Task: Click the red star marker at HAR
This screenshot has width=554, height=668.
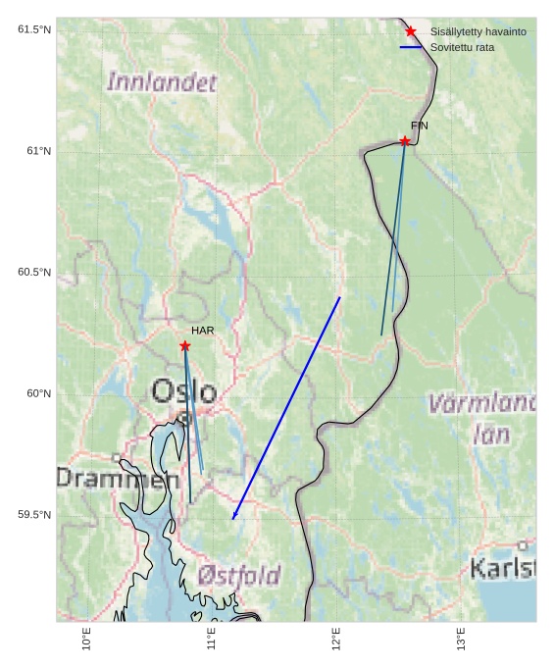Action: pos(184,345)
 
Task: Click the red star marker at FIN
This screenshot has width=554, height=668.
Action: pos(404,141)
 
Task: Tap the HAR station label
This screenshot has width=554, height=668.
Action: pos(202,331)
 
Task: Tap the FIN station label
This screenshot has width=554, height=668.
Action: pos(420,126)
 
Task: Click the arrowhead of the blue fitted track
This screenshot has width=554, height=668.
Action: pos(233,517)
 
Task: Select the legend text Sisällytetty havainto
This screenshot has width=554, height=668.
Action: pos(478,31)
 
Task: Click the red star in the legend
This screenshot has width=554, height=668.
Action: pos(411,31)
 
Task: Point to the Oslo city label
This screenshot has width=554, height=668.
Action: pos(183,391)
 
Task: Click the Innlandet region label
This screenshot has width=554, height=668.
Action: pos(162,82)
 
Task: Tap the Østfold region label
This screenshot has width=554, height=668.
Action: pos(238,575)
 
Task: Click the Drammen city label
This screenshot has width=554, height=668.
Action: pos(103,479)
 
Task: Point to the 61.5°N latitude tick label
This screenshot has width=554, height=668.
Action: pos(34,29)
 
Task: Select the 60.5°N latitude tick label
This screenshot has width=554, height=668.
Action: pos(34,272)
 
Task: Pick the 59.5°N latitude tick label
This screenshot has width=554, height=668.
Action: pos(34,515)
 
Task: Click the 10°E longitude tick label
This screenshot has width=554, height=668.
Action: pos(87,639)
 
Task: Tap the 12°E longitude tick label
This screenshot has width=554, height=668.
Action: pos(336,639)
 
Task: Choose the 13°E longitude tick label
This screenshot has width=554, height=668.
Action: pos(461,639)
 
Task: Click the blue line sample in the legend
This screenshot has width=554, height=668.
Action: pos(411,47)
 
